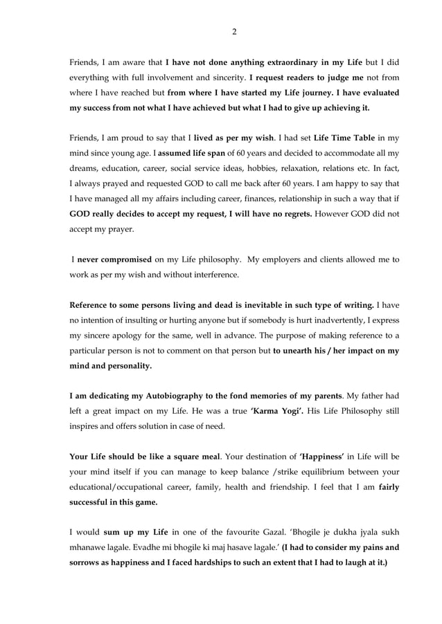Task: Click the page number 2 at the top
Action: (234, 31)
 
